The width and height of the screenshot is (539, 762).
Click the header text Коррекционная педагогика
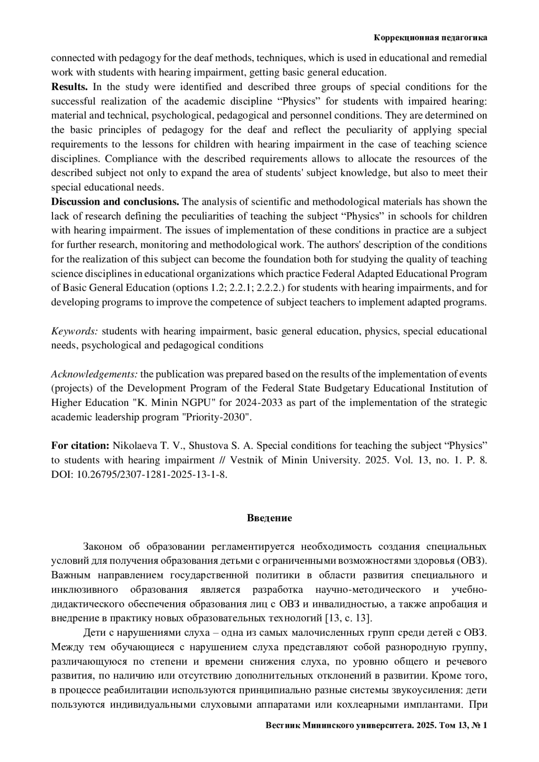click(430, 38)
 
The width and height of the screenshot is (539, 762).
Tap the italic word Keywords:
click(75, 331)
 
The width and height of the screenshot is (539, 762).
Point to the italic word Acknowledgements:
click(94, 374)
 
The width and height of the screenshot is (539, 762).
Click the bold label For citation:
click(80, 446)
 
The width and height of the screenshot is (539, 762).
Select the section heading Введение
click(269, 518)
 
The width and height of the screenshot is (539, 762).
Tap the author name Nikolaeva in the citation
click(133, 446)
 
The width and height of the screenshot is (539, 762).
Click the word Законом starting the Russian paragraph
click(102, 546)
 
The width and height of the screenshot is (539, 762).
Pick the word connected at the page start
click(73, 58)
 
